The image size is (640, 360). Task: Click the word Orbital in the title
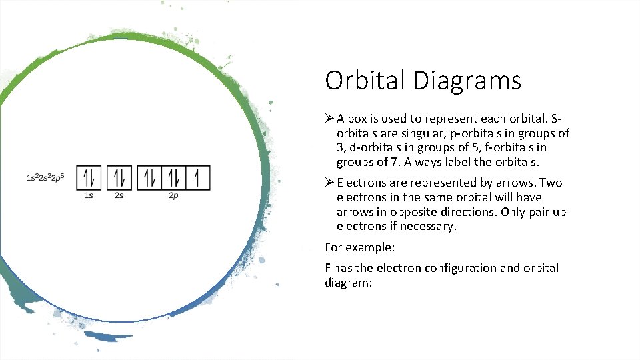tap(365, 81)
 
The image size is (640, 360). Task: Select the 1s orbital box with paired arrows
tap(89, 178)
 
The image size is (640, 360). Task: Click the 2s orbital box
tap(119, 178)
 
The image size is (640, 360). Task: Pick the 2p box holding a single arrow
tap(198, 178)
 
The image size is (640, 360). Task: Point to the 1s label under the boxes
tap(89, 195)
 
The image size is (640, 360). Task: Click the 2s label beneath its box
tap(119, 195)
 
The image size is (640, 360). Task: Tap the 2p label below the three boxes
tap(173, 195)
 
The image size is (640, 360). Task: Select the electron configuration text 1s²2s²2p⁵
tap(45, 178)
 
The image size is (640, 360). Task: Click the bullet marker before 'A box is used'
tap(329, 119)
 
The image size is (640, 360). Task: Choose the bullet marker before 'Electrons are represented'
tap(329, 183)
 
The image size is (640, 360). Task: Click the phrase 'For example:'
tap(360, 247)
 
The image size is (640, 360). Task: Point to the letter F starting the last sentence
tap(328, 268)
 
